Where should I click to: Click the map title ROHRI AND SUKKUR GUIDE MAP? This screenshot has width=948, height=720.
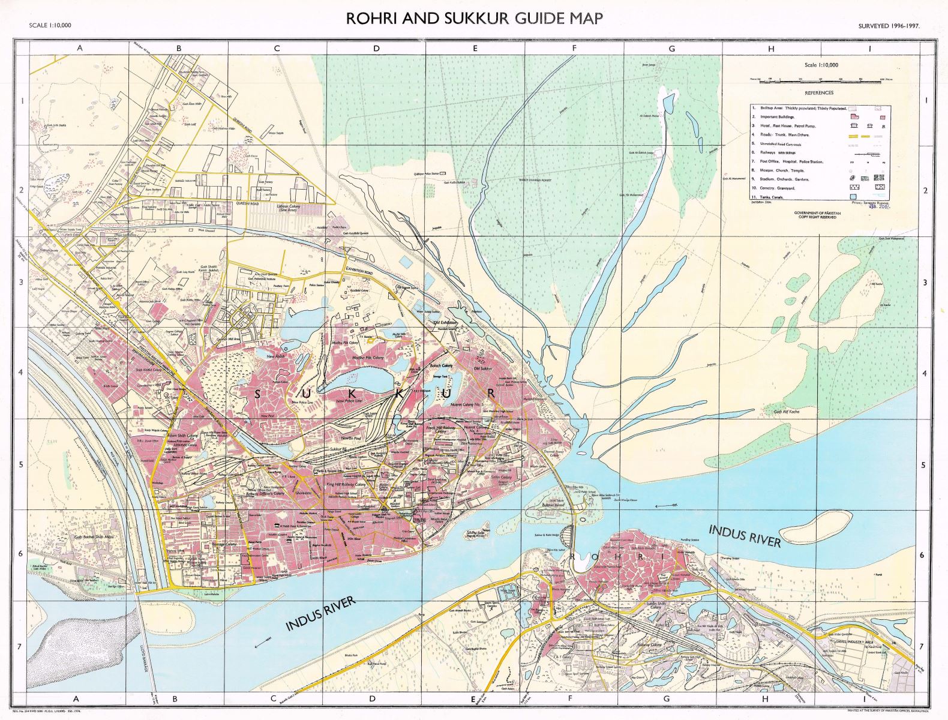(474, 19)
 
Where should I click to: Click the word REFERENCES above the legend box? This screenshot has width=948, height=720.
(819, 93)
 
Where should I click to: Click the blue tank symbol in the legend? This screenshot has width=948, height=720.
(852, 197)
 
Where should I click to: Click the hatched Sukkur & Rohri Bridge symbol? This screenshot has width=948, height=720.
(571, 532)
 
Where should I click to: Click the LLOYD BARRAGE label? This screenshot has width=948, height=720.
(147, 660)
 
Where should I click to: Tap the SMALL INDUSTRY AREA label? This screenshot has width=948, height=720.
(845, 642)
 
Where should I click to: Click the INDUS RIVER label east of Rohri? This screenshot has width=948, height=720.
(745, 536)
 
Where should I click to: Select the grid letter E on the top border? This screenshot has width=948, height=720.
(475, 49)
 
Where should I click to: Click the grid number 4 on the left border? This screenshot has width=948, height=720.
(22, 373)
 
